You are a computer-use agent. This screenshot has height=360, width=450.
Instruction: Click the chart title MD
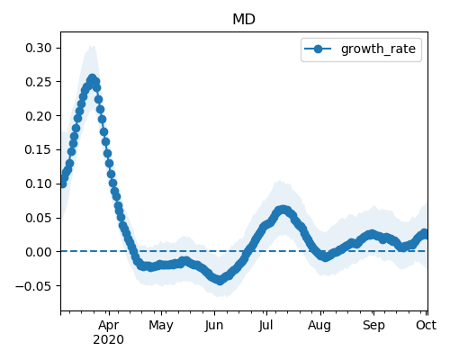pos(244,20)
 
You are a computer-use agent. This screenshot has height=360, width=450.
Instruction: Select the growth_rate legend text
pos(378,49)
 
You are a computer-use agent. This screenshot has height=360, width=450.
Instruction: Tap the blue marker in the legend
pos(318,49)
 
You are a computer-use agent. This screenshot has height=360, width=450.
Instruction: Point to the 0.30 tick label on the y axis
pos(39,48)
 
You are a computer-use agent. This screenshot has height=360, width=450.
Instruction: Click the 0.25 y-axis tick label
pos(39,82)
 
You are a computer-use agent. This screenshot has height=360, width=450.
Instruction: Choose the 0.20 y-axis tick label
pos(39,116)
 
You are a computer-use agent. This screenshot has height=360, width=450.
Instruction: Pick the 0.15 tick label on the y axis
pos(39,149)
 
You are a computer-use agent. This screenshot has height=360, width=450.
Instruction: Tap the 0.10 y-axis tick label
pos(39,184)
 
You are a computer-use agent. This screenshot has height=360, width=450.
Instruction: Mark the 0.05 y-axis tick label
pos(39,218)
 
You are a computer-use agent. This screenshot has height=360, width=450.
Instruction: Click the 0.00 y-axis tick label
pos(39,252)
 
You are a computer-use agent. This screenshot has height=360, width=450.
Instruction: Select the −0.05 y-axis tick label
pos(33,286)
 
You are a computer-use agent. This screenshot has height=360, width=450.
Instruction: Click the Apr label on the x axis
pos(109,326)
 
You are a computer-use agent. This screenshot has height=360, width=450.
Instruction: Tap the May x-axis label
pos(161,326)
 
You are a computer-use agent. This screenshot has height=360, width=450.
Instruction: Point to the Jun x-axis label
pos(214,326)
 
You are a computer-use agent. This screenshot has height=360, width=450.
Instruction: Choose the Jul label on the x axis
pos(265,325)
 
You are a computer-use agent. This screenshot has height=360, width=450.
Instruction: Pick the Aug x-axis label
pos(319,326)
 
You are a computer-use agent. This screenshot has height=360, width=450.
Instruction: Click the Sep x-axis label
pos(373,326)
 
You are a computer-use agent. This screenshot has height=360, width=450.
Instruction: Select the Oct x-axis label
pos(426,325)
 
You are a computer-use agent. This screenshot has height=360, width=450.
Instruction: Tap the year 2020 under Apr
pos(109,340)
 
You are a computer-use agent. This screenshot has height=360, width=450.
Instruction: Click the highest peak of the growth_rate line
pos(92,78)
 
